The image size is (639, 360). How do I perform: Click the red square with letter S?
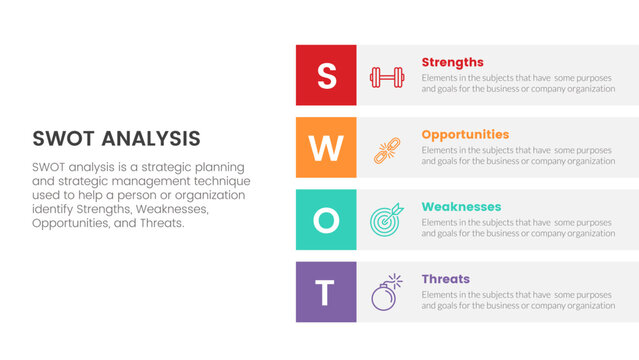point(326,75)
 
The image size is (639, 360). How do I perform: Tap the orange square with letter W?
point(326,148)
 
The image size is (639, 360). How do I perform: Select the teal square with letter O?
point(326,220)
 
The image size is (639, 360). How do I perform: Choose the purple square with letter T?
point(326,292)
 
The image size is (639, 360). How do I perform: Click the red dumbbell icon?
point(386,76)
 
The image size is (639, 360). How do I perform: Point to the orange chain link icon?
point(386,149)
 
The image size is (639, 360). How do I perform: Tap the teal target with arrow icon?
point(386,221)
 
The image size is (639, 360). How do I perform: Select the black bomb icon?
point(386,293)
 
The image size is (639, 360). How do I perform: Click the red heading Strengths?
point(452,62)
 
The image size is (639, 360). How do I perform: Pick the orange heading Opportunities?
point(465,134)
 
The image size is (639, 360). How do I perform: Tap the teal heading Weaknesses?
point(461,207)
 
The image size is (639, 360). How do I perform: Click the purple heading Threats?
point(445,279)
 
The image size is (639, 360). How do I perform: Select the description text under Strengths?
point(518,83)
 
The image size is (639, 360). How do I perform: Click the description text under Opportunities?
point(518,155)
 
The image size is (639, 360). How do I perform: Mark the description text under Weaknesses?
point(518,227)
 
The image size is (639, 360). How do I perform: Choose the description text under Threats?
point(518,300)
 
